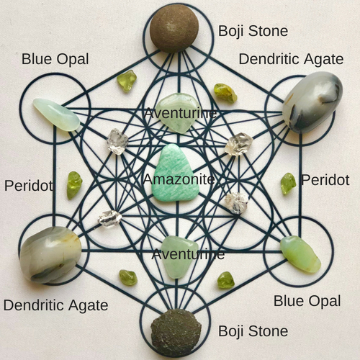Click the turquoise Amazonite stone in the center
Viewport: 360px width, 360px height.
point(176,173)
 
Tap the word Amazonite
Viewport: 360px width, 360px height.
point(179,179)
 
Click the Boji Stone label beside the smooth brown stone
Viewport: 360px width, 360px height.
point(253,31)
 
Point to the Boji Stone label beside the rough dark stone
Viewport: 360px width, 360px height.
point(253,331)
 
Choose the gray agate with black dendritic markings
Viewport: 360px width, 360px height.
point(312,102)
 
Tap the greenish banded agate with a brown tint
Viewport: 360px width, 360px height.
point(50,255)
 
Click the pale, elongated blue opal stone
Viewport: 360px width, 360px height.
point(56,114)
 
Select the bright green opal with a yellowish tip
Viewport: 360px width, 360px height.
point(300,254)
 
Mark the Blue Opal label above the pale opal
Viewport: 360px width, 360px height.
point(55,59)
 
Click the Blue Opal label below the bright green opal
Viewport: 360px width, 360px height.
point(307,301)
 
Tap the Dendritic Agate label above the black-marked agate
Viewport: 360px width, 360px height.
point(291,59)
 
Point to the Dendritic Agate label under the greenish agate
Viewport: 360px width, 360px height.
point(55,305)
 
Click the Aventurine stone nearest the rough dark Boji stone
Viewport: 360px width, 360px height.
point(179,257)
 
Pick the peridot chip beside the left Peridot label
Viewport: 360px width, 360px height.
point(74,185)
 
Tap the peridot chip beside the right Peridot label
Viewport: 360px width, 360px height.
point(288,184)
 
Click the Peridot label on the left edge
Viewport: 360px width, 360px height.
point(29,186)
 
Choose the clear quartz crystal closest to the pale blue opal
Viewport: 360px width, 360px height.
point(117,141)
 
